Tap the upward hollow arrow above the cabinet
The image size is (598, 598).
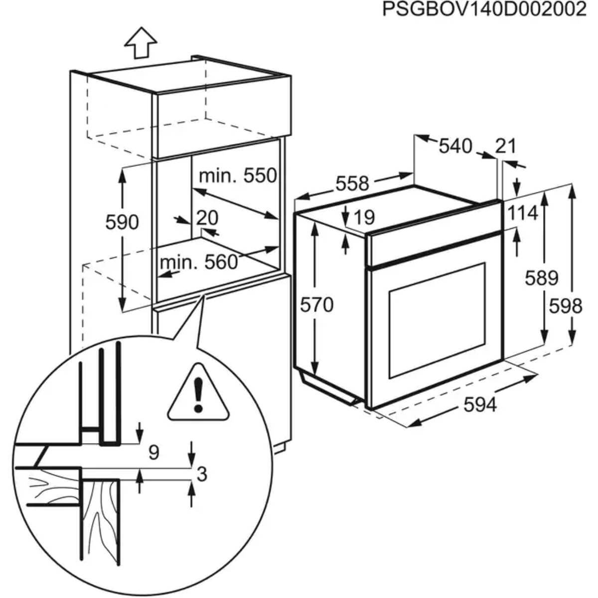pos(141,42)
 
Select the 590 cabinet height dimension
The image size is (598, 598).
pos(122,222)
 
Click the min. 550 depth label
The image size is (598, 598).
pos(237,175)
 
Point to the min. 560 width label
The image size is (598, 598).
pos(199,262)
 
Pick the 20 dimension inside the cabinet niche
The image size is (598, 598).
pos(207,218)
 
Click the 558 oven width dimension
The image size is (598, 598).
pos(352,184)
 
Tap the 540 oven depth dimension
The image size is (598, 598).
pos(455,146)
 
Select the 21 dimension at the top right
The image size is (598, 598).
pos(506,146)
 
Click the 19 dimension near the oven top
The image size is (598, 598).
pos(364,217)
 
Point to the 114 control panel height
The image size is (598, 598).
pos(523,213)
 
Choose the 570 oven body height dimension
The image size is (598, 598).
pos(316,304)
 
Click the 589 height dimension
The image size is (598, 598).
pos(541,278)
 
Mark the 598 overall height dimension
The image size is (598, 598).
pos(566,305)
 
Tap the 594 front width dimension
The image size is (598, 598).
pos(480,406)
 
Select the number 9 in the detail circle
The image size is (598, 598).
pos(154,452)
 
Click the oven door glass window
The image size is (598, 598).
pos(437,319)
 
